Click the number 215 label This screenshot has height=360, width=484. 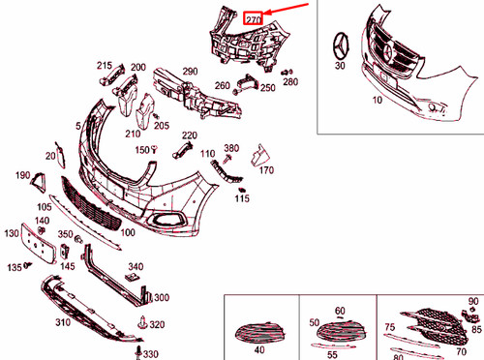point(105,65)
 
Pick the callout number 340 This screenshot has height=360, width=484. point(136,266)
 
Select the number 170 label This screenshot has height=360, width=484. point(266,170)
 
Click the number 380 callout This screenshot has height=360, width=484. point(230,148)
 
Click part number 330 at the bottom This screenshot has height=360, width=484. point(150,354)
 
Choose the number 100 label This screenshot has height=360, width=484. point(127,233)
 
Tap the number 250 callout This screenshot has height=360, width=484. point(266,87)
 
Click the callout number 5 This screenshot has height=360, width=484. point(78,126)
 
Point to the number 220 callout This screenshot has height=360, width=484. point(189,135)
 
